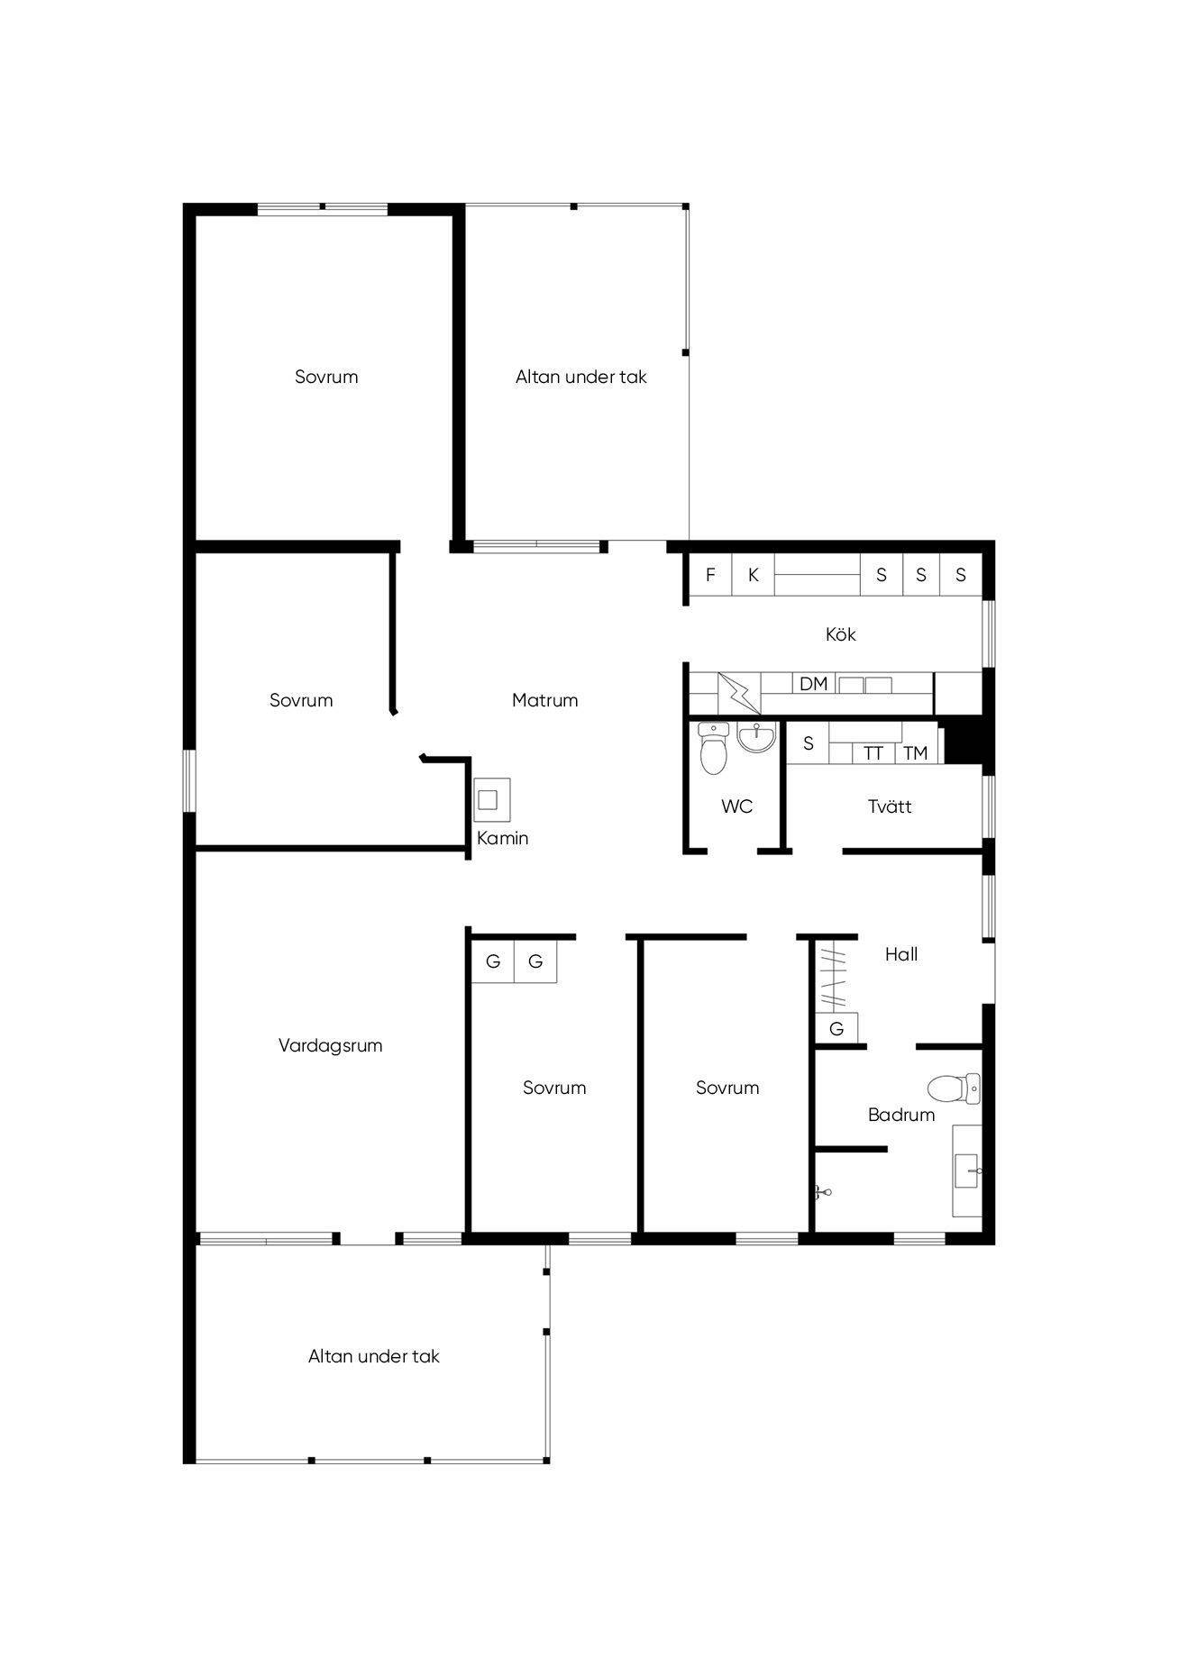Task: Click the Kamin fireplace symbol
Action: pyautogui.click(x=492, y=799)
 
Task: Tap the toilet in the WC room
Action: pyautogui.click(x=713, y=748)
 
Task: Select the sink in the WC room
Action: pyautogui.click(x=756, y=736)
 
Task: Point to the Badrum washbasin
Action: pyautogui.click(x=967, y=1171)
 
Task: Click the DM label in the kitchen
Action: pyautogui.click(x=813, y=684)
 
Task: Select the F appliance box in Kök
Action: pyautogui.click(x=710, y=574)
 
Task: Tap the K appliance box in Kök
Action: pyautogui.click(x=753, y=574)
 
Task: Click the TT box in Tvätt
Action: pyautogui.click(x=873, y=753)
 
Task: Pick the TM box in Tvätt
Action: pyautogui.click(x=916, y=753)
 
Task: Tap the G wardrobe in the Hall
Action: pyautogui.click(x=836, y=1028)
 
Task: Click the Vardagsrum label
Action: pyautogui.click(x=330, y=1045)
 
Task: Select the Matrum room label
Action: pyautogui.click(x=544, y=700)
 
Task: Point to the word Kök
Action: pyautogui.click(x=840, y=634)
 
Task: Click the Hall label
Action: pyautogui.click(x=901, y=954)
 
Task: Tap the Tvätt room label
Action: pyautogui.click(x=890, y=806)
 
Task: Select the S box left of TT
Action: pyautogui.click(x=809, y=743)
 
